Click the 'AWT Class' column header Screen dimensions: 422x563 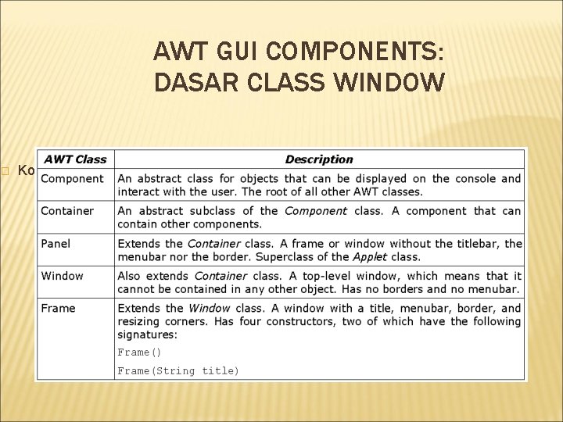pos(75,159)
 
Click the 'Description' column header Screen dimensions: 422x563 pos(319,159)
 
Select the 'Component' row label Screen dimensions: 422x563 pos(72,178)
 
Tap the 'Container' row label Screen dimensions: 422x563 pos(67,211)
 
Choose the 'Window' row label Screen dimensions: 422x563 pos(63,276)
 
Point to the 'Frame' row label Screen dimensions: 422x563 pos(59,308)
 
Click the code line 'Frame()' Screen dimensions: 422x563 pos(139,352)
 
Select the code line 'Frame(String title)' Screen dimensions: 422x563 pos(178,370)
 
